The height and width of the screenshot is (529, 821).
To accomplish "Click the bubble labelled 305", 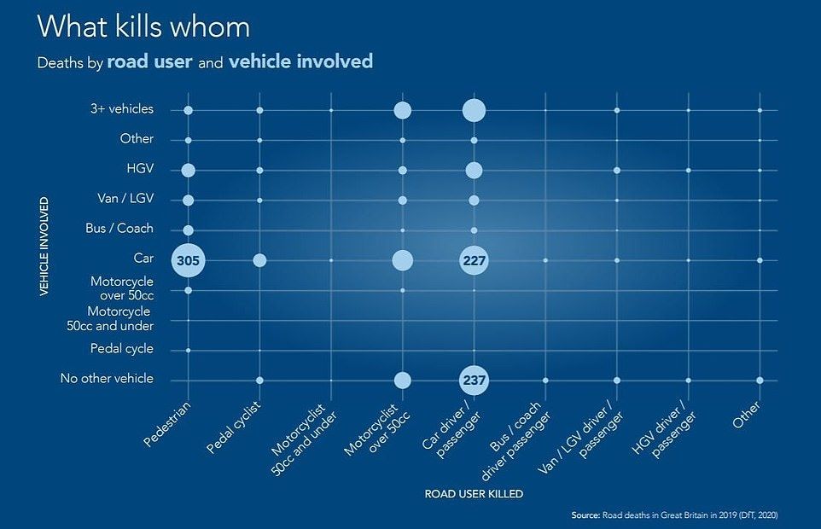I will click(x=188, y=260).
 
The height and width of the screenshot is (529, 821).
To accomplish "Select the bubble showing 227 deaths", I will click(x=474, y=260).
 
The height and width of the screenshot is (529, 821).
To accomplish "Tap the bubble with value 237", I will click(x=474, y=380).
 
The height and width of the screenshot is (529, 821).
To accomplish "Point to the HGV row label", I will click(x=139, y=169).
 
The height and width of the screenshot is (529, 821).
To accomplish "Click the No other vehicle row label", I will click(x=107, y=379).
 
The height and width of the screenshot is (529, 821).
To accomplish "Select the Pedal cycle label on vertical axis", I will click(x=122, y=349).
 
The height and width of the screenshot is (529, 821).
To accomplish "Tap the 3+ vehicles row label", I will click(x=122, y=109).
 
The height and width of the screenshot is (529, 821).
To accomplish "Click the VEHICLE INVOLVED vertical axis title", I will click(x=43, y=247).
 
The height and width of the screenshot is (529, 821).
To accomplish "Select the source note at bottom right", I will click(x=674, y=514).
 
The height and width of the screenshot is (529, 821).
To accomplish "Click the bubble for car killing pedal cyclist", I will click(x=259, y=260).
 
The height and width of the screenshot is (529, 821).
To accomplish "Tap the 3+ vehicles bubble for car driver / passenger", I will click(x=474, y=110).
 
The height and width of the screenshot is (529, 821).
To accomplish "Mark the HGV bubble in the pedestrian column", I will click(x=188, y=170).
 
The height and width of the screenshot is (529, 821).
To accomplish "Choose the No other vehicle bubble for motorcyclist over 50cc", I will click(x=402, y=380).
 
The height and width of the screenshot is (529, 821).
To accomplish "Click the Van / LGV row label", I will click(x=125, y=199).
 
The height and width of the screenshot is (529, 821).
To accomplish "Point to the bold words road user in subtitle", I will click(x=150, y=62).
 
